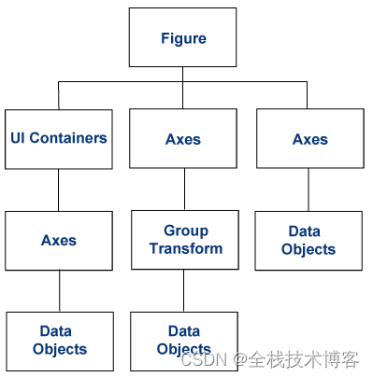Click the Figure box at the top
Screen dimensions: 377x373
pyautogui.click(x=183, y=38)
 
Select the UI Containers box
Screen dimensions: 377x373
pyautogui.click(x=59, y=138)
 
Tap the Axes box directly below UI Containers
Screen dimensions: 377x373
pyautogui.click(x=59, y=240)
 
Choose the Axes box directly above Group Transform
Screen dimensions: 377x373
pyautogui.click(x=183, y=139)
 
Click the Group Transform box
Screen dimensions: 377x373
pyautogui.click(x=184, y=240)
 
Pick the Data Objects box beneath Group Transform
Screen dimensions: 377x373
pyautogui.click(x=184, y=340)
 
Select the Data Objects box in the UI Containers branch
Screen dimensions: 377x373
pyautogui.click(x=59, y=340)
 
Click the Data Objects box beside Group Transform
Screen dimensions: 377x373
pyautogui.click(x=308, y=240)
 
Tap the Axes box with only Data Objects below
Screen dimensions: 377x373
pyautogui.click(x=308, y=139)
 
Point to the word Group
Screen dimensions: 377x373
pyautogui.click(x=185, y=230)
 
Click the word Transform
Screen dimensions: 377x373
pyautogui.click(x=185, y=248)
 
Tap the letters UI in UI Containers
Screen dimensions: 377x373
pyautogui.click(x=18, y=138)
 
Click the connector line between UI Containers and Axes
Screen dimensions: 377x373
pyautogui.click(x=59, y=189)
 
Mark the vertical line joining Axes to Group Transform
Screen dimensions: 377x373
pyautogui.click(x=184, y=189)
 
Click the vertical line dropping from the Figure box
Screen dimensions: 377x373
pyautogui.click(x=184, y=74)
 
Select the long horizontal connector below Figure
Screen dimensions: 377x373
pyautogui.click(x=122, y=82)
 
